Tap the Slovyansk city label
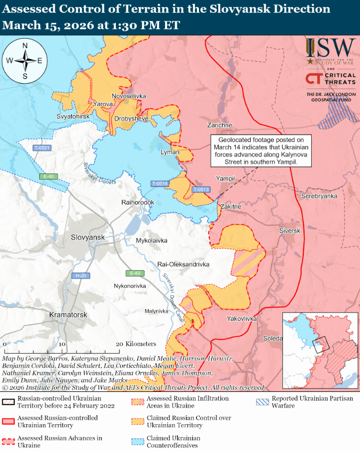(x=88, y=237)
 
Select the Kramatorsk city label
(x=68, y=315)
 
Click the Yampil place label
(x=225, y=178)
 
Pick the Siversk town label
(x=289, y=231)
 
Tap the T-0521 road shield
(x=42, y=148)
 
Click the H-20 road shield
(x=81, y=276)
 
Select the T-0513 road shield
(x=201, y=189)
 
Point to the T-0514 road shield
(x=160, y=184)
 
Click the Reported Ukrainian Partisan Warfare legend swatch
(x=262, y=402)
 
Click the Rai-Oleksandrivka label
(x=183, y=265)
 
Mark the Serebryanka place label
(x=319, y=196)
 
